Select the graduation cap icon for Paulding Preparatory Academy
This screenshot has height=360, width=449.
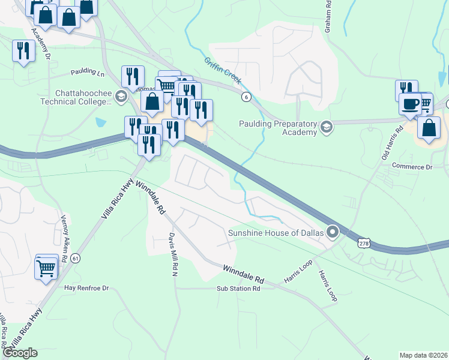pos(326,126)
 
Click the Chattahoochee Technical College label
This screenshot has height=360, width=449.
pos(83,97)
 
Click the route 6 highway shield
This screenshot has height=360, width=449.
pos(246,97)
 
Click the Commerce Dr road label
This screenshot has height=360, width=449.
pos(412,166)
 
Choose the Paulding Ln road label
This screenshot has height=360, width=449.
pos(87,72)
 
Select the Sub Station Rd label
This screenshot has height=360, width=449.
pos(238,289)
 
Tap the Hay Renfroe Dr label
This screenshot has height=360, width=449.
pos(86,288)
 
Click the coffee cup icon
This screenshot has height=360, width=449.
pos(411,104)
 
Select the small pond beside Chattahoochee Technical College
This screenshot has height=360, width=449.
pos(100,122)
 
